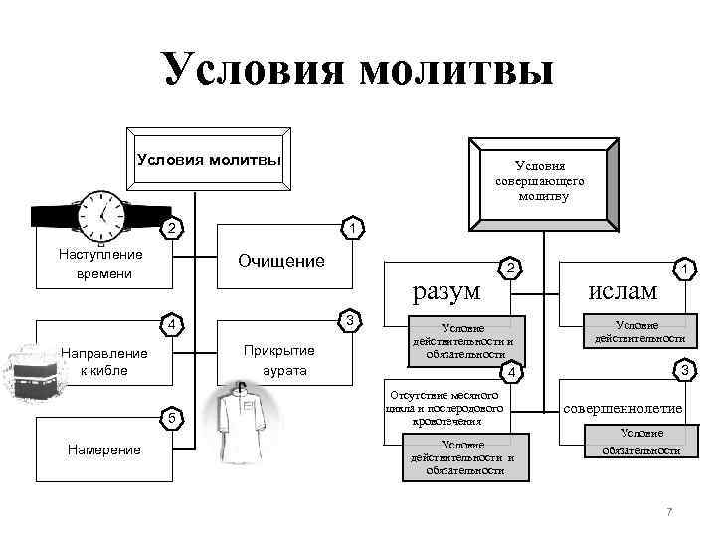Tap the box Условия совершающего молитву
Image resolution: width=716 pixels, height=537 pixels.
pyautogui.click(x=543, y=182)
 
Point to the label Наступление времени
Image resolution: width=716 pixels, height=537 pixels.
pyautogui.click(x=101, y=264)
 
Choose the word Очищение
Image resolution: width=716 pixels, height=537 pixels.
pyautogui.click(x=281, y=261)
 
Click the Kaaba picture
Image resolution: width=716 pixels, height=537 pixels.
pyautogui.click(x=34, y=371)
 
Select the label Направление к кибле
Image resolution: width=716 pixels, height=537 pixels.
pyautogui.click(x=103, y=361)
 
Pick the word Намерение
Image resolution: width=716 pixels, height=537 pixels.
pyautogui.click(x=103, y=449)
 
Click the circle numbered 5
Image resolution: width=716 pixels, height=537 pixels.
pyautogui.click(x=172, y=418)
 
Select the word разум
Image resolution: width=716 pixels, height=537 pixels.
pyautogui.click(x=447, y=289)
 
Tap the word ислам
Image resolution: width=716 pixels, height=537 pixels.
pyautogui.click(x=623, y=289)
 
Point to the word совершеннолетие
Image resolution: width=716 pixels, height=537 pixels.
pyautogui.click(x=624, y=408)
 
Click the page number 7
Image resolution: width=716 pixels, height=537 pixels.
pyautogui.click(x=669, y=511)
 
